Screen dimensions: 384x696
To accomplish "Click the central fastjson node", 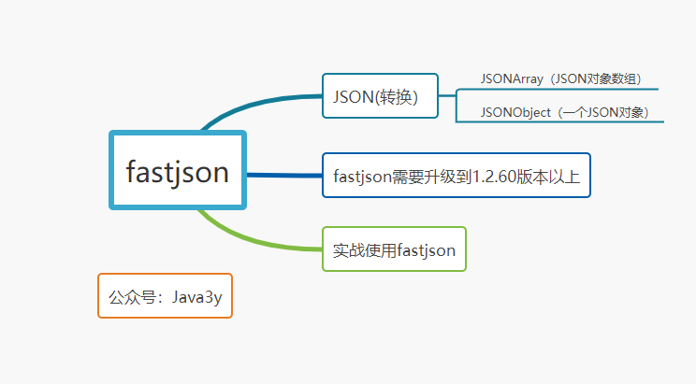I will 178,171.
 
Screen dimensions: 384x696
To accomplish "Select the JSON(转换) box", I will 380,95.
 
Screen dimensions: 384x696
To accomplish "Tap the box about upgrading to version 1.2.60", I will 457,175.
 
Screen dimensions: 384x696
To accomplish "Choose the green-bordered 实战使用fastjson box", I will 394,249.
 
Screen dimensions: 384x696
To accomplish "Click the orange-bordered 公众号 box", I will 165,296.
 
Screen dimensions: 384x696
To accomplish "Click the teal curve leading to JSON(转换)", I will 253,104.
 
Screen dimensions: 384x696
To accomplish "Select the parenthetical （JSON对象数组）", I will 595,78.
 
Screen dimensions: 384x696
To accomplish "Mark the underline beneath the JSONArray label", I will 561,90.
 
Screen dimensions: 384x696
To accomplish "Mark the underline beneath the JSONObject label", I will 561,122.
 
